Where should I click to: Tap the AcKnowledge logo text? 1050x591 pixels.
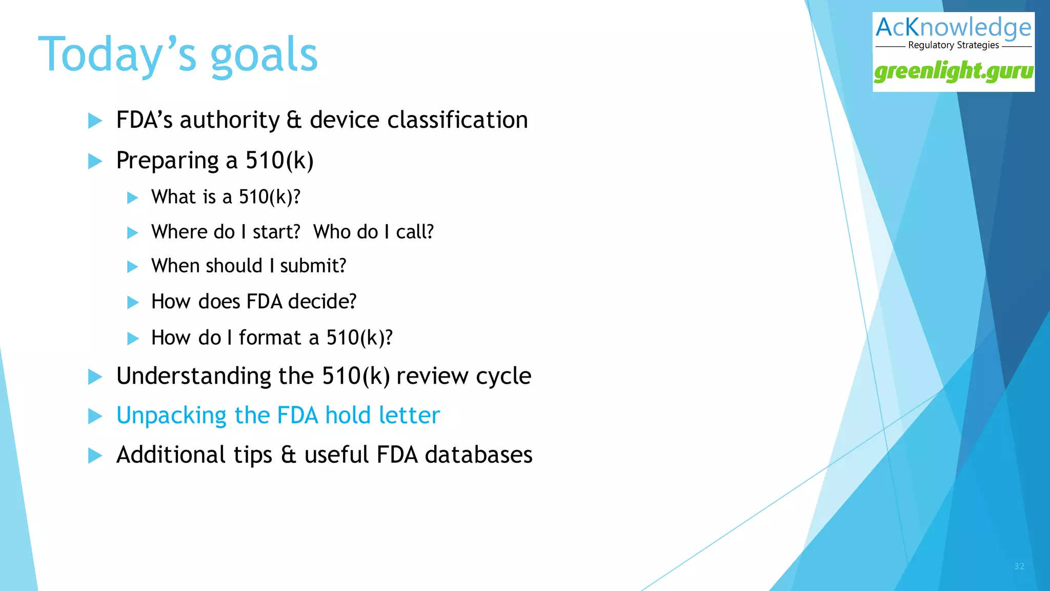coord(953,28)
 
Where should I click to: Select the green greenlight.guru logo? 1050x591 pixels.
coord(954,71)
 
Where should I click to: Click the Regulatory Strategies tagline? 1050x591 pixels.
coord(953,45)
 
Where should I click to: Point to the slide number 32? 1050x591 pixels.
coord(1019,566)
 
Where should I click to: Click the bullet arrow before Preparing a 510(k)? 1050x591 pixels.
coord(95,161)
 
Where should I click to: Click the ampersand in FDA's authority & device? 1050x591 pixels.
coord(294,120)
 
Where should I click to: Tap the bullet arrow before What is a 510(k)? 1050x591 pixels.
coord(132,198)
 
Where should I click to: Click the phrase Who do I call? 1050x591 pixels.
coord(373,232)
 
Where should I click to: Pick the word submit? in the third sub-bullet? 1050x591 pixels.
coord(313,266)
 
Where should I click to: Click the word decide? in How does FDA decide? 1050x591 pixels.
coord(322,302)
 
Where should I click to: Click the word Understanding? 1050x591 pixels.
coord(193,376)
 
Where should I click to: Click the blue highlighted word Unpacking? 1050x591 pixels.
coord(171,416)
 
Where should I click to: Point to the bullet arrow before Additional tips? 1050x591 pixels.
coord(95,456)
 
